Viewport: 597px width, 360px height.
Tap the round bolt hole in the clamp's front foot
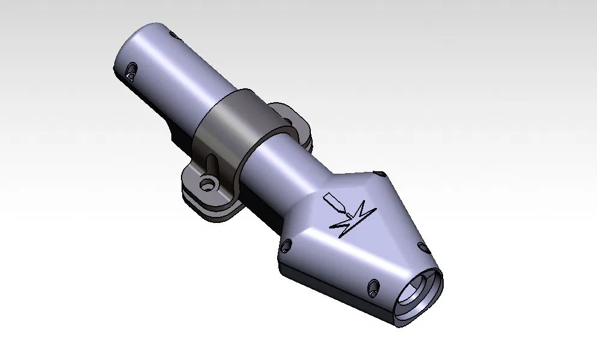[208, 181]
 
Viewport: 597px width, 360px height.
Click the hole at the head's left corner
[286, 244]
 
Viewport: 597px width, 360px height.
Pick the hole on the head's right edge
[423, 248]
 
